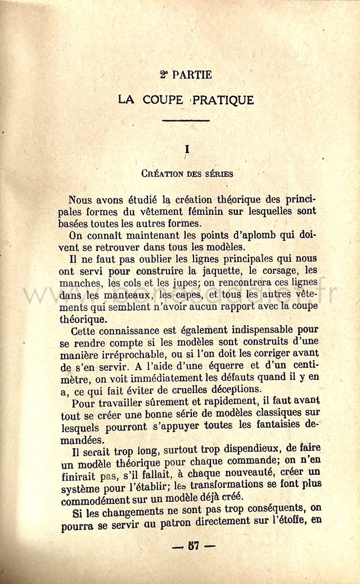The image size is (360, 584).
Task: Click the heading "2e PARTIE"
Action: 186,75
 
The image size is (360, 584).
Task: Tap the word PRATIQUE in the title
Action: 223,100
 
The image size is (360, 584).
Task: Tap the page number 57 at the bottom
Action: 186,546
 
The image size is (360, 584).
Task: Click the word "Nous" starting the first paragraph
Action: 80,200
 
